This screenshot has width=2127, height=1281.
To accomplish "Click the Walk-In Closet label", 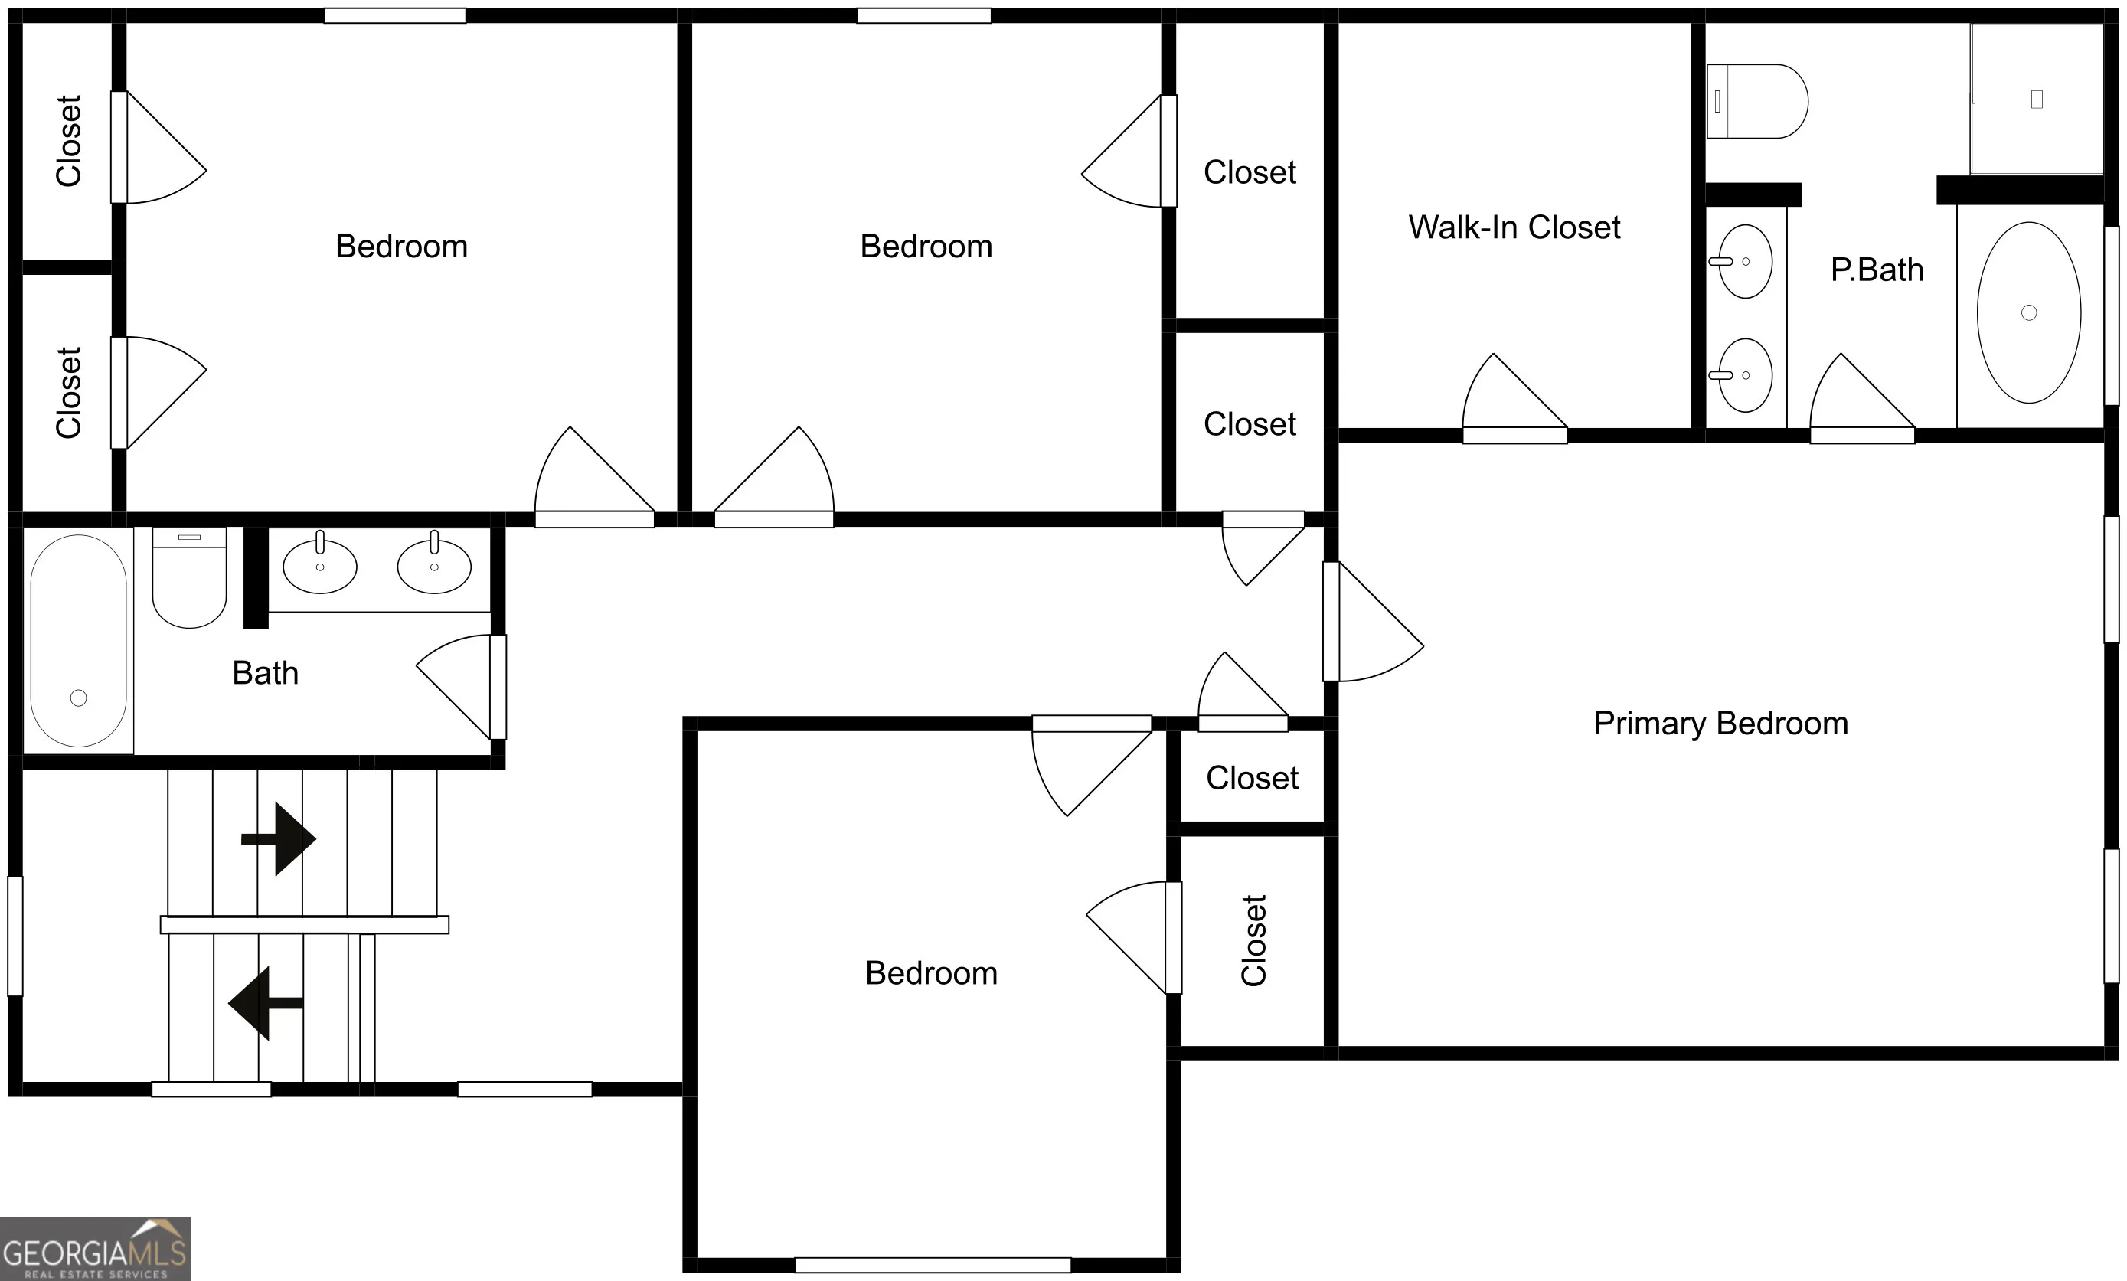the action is pyautogui.click(x=1514, y=227).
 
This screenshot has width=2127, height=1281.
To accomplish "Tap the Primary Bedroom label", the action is pyautogui.click(x=1720, y=724).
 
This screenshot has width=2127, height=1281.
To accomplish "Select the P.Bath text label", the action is pyautogui.click(x=1877, y=270).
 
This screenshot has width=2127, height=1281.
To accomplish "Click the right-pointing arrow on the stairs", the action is pyautogui.click(x=279, y=838).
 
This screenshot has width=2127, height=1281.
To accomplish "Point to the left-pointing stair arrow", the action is pyautogui.click(x=266, y=1003).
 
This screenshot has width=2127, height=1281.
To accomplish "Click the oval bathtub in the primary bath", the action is pyautogui.click(x=2028, y=312).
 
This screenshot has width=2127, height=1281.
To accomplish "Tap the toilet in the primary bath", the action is pyautogui.click(x=1756, y=101).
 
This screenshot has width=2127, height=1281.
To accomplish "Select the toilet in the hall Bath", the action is pyautogui.click(x=189, y=577).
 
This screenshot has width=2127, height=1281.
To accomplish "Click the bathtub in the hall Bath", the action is pyautogui.click(x=79, y=640).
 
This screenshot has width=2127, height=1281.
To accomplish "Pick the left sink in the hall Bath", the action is pyautogui.click(x=319, y=565).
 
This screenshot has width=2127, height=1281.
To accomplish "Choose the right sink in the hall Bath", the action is pyautogui.click(x=434, y=565).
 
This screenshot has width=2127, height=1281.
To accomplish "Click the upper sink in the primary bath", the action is pyautogui.click(x=1743, y=260).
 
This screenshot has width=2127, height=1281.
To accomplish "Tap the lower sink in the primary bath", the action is pyautogui.click(x=1743, y=374).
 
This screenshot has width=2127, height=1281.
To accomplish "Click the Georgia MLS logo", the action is pyautogui.click(x=95, y=1249).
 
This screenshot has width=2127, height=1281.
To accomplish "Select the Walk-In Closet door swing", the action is pyautogui.click(x=1514, y=398).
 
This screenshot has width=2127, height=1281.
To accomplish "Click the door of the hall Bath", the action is pyautogui.click(x=461, y=687).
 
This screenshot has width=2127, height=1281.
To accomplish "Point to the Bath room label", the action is pyautogui.click(x=265, y=673).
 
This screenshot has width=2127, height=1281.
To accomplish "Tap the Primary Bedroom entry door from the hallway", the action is pyautogui.click(x=1373, y=622).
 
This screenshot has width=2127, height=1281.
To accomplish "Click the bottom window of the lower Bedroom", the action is pyautogui.click(x=933, y=1266).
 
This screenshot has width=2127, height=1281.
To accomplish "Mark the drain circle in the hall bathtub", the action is pyautogui.click(x=79, y=698).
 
